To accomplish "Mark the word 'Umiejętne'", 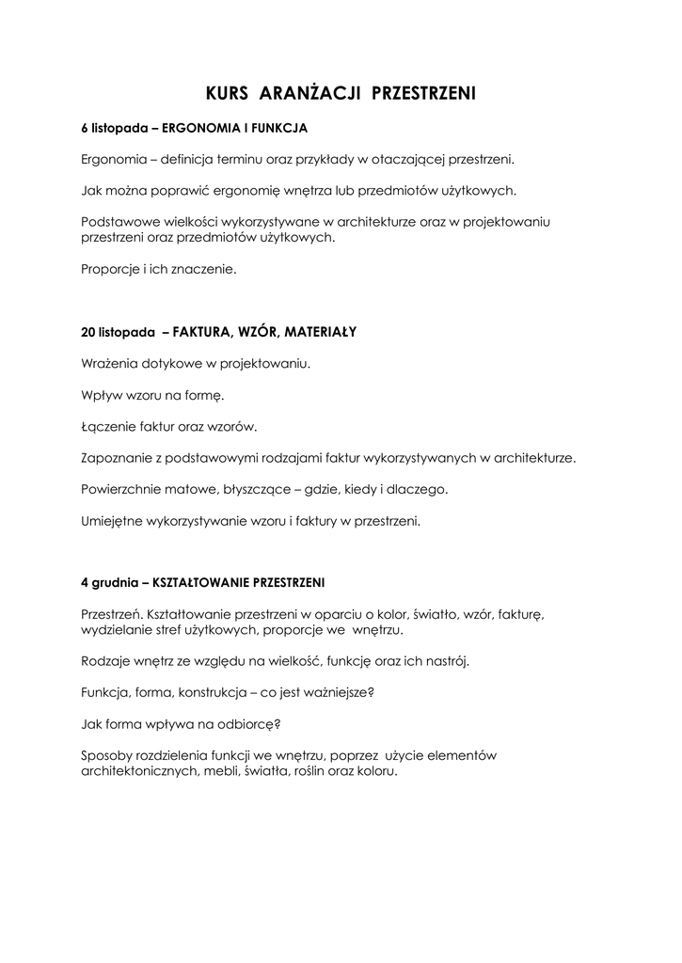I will (112, 521).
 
